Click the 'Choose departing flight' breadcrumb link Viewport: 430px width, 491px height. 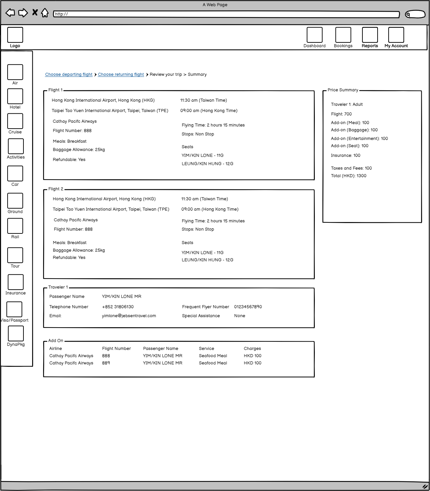click(69, 74)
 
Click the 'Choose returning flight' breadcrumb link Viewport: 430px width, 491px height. click(121, 74)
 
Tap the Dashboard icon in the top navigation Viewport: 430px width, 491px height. click(314, 35)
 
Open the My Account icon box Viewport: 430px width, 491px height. click(396, 35)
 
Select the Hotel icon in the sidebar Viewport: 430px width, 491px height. click(15, 96)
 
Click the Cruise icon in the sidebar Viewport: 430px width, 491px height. click(15, 121)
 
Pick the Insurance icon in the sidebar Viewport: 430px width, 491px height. click(16, 282)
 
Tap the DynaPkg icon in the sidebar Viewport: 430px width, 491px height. click(16, 333)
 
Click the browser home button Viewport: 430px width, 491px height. click(45, 13)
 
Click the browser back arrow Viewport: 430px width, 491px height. click(10, 13)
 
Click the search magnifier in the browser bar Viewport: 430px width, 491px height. click(408, 14)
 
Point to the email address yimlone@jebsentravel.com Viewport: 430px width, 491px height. click(129, 316)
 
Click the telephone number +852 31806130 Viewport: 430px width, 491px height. click(118, 307)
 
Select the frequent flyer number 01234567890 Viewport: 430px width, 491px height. click(248, 307)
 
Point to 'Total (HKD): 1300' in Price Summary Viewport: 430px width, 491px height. click(349, 176)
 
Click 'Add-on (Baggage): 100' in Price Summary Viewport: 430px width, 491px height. click(354, 130)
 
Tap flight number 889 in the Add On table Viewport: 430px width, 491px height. click(106, 363)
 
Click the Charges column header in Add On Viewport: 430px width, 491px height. click(252, 349)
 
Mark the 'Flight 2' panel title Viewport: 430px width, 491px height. click(56, 189)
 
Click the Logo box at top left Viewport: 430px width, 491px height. click(15, 35)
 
